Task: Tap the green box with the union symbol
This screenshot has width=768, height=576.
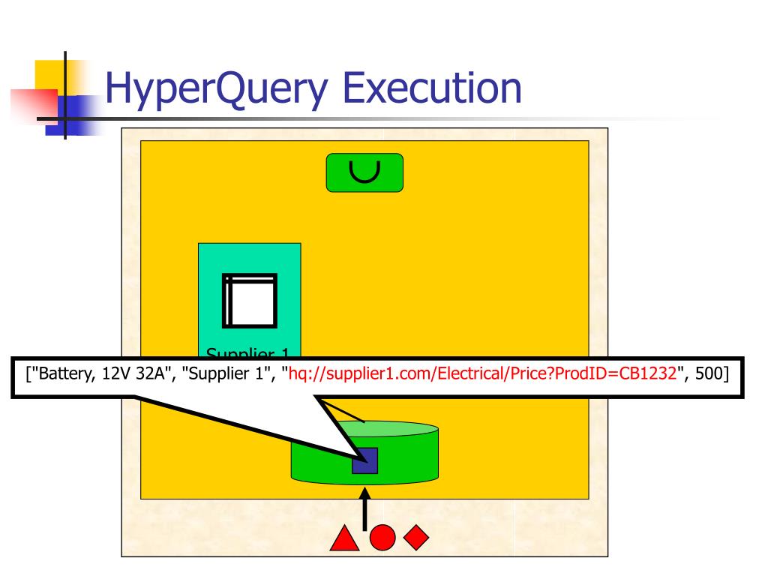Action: click(x=364, y=172)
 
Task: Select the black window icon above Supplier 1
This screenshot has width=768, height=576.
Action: click(x=250, y=300)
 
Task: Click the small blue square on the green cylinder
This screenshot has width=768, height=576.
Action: click(x=364, y=460)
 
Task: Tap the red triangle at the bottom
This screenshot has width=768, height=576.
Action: click(x=343, y=538)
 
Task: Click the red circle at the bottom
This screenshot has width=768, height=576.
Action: click(x=382, y=537)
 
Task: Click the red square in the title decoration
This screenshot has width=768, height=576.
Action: click(x=34, y=105)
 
